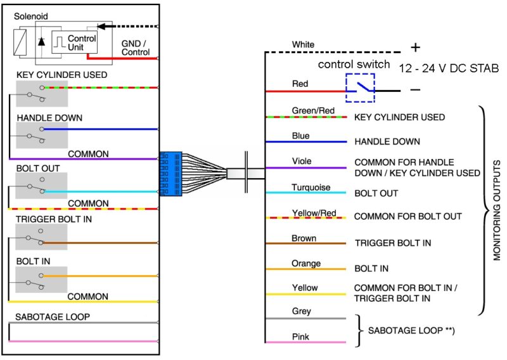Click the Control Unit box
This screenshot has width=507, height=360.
tap(74, 42)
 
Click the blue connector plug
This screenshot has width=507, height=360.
tap(171, 172)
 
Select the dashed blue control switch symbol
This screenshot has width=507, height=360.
tap(360, 87)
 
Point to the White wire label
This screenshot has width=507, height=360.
tap(303, 45)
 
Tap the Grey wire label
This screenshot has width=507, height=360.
tap(302, 311)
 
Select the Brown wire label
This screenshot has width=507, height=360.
tap(304, 239)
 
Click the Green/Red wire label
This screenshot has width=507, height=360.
tap(312, 110)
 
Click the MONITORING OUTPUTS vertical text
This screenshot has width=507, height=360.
tap(497, 209)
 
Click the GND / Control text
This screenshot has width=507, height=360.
tap(135, 48)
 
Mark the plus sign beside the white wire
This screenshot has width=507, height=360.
tap(415, 48)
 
